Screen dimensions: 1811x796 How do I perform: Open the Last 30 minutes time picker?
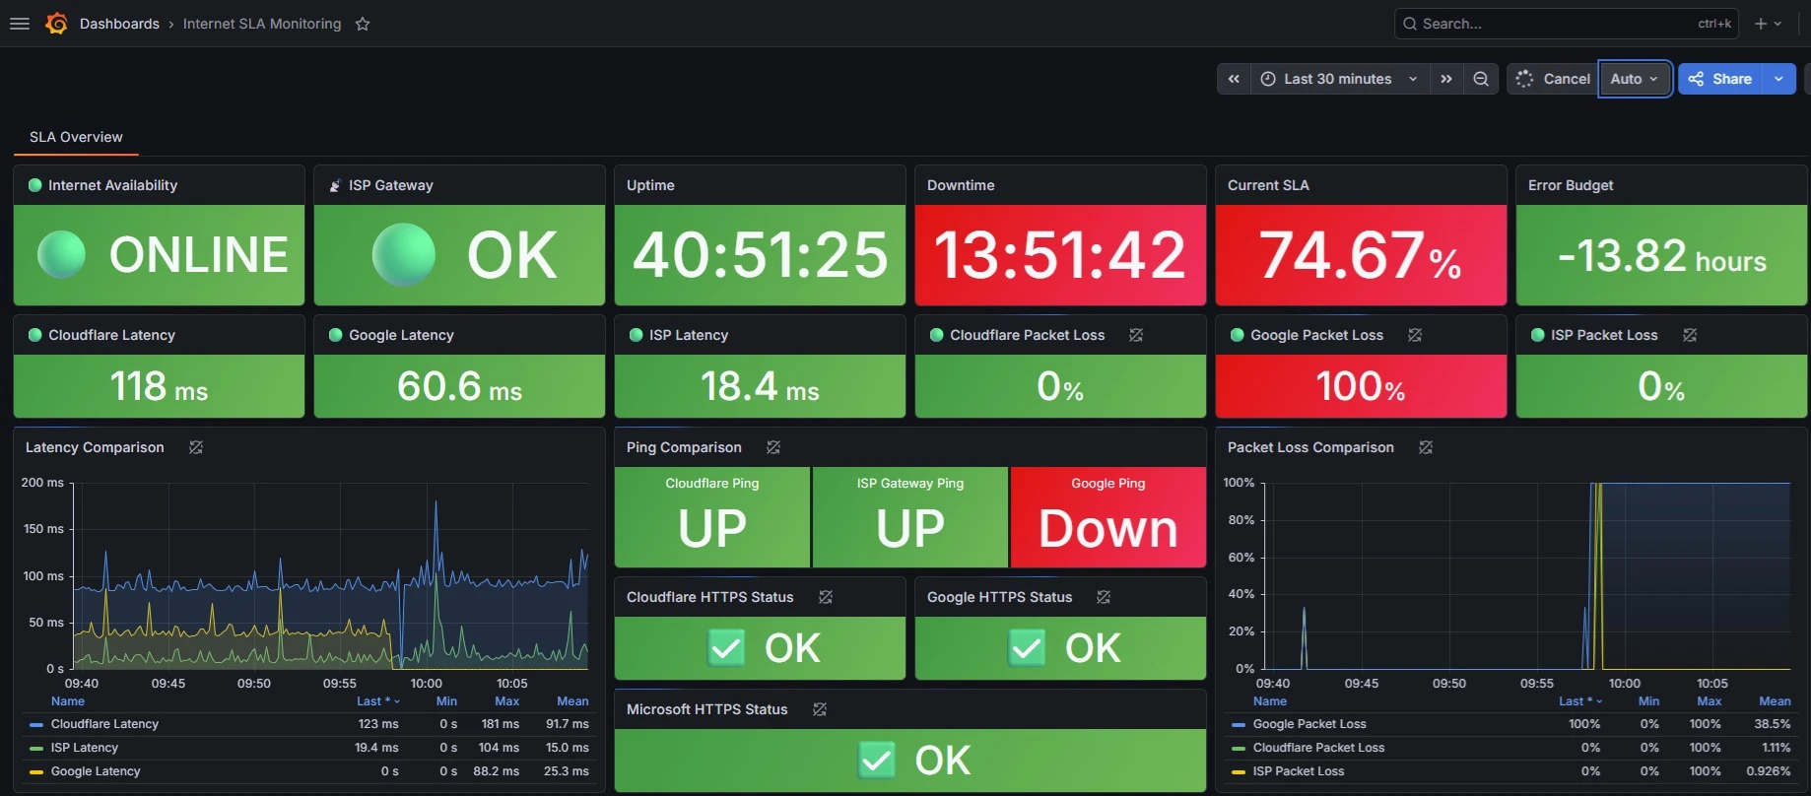(x=1339, y=79)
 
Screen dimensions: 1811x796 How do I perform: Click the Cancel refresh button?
(x=1553, y=79)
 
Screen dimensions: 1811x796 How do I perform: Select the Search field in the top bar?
(x=1567, y=24)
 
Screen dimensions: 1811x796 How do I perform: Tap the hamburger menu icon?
(x=20, y=24)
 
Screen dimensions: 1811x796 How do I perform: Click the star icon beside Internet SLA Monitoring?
(x=363, y=24)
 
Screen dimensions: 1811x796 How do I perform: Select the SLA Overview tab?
(x=76, y=137)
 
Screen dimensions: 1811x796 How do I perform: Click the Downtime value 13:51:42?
(x=1060, y=255)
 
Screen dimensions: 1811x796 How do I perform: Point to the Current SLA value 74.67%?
(x=1361, y=255)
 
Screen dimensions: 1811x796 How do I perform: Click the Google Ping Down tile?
(x=1108, y=517)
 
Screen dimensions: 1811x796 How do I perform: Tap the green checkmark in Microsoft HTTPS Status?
(x=877, y=761)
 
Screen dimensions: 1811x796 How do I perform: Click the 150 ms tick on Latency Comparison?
(x=43, y=529)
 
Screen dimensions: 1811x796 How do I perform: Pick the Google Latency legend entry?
(x=96, y=771)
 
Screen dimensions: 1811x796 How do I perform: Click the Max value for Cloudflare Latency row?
(x=501, y=724)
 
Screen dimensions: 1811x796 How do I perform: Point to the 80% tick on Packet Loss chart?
(x=1241, y=520)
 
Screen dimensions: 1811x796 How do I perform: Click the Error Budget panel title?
(x=1571, y=185)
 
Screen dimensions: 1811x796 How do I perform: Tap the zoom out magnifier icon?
(x=1481, y=79)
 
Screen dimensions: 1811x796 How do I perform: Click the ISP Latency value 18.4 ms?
(x=760, y=386)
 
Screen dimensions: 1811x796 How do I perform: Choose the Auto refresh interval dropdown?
(x=1635, y=79)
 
